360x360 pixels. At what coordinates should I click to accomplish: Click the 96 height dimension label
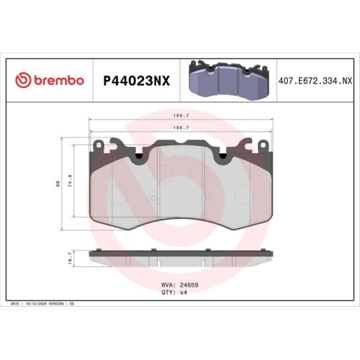click(x=58, y=184)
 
